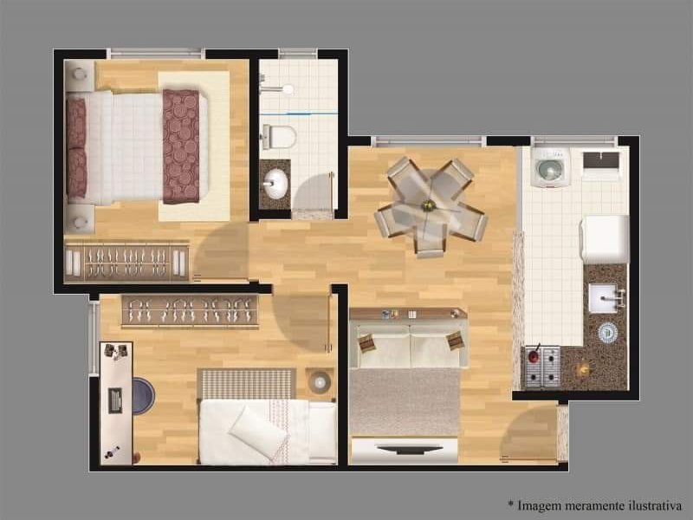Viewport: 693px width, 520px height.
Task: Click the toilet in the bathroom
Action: [x=279, y=136]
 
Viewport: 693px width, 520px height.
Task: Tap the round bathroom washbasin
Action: [x=276, y=182]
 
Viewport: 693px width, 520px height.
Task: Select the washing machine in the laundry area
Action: [x=548, y=167]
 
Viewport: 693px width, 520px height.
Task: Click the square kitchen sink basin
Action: [x=603, y=297]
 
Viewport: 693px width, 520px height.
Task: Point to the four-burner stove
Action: [x=541, y=366]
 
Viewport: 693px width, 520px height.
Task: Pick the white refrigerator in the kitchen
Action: [x=604, y=238]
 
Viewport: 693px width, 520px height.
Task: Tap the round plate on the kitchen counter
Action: [x=607, y=332]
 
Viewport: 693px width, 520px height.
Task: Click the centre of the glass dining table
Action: [x=429, y=206]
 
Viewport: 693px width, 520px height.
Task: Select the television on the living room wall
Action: [x=405, y=450]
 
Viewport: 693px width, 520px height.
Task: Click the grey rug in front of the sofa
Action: [x=404, y=401]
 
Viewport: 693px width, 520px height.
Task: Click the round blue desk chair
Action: [x=143, y=396]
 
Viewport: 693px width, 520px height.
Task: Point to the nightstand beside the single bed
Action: [x=320, y=380]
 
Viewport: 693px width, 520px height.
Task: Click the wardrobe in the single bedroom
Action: [x=190, y=310]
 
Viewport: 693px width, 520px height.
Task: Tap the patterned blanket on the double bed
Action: [x=181, y=146]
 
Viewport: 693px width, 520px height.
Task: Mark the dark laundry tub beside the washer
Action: [x=601, y=161]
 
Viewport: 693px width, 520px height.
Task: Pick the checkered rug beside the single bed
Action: [x=247, y=383]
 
